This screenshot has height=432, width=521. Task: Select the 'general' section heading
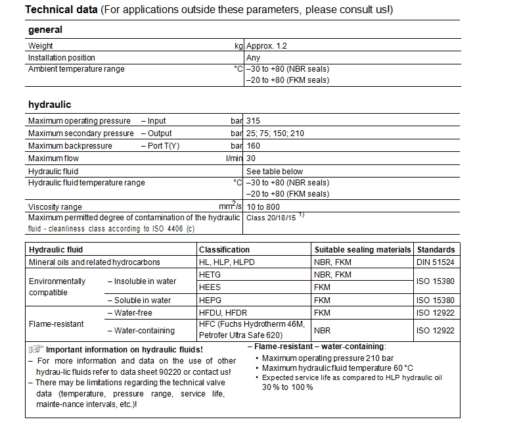pyautogui.click(x=45, y=30)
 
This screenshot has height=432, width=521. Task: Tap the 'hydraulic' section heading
pyautogui.click(x=49, y=105)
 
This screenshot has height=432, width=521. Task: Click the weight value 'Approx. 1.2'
pyautogui.click(x=266, y=46)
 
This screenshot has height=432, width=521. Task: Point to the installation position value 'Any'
pyautogui.click(x=253, y=58)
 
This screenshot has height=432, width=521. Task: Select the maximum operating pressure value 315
pyautogui.click(x=253, y=121)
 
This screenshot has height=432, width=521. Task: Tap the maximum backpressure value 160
pyautogui.click(x=253, y=146)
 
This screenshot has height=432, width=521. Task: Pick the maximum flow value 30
pyautogui.click(x=251, y=158)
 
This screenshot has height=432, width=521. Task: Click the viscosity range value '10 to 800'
pyautogui.click(x=264, y=206)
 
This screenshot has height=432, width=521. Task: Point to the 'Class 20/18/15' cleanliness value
pyautogui.click(x=271, y=217)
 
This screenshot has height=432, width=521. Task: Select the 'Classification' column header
pyautogui.click(x=224, y=250)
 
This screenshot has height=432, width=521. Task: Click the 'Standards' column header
pyautogui.click(x=436, y=250)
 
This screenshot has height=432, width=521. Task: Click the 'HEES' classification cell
pyautogui.click(x=210, y=287)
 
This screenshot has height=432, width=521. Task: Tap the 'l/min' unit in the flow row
pyautogui.click(x=234, y=158)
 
